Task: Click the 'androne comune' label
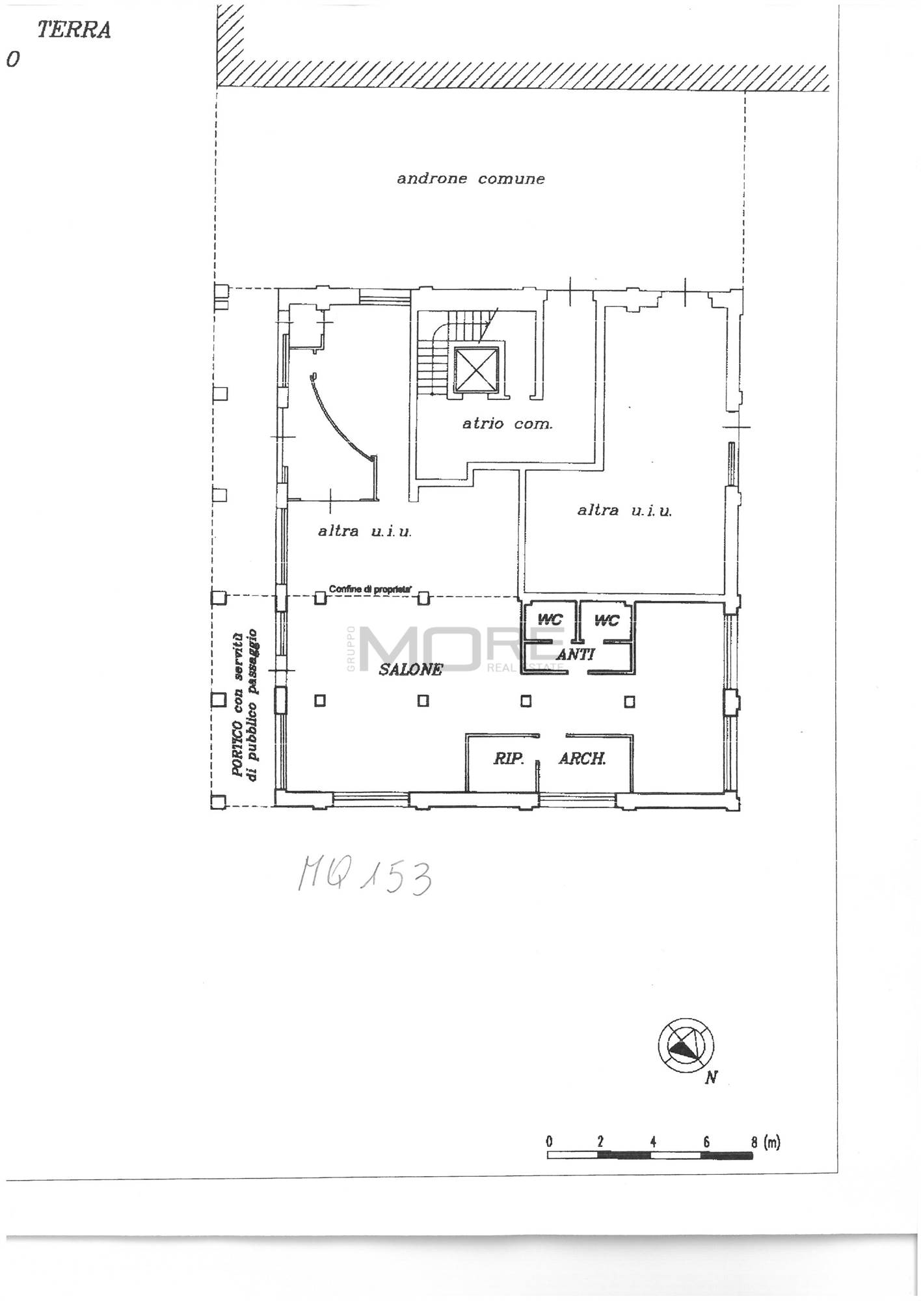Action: pyautogui.click(x=471, y=178)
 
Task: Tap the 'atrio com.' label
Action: pyautogui.click(x=507, y=423)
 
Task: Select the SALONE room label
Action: pyautogui.click(x=411, y=669)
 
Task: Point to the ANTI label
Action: pyautogui.click(x=576, y=654)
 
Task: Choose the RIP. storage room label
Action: pyautogui.click(x=509, y=758)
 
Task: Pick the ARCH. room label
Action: pyautogui.click(x=583, y=758)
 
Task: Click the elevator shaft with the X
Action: pyautogui.click(x=477, y=369)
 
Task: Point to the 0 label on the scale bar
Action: pyautogui.click(x=550, y=1142)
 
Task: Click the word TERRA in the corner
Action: pyautogui.click(x=73, y=30)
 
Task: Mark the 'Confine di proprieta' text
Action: pyautogui.click(x=370, y=589)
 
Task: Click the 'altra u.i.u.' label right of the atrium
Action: pyautogui.click(x=624, y=511)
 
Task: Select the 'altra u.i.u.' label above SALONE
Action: pyautogui.click(x=365, y=531)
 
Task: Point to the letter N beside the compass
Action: pyautogui.click(x=711, y=1078)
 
